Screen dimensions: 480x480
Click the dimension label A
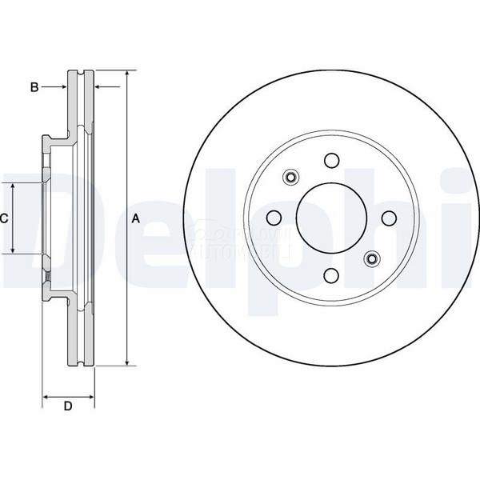pos(135,218)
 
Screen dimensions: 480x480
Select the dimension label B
pos(34,86)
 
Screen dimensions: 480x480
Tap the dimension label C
pos(4,218)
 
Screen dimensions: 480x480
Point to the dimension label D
pos(68,406)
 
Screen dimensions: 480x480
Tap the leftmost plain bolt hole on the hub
pos(274,218)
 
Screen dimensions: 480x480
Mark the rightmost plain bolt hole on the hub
pos(388,218)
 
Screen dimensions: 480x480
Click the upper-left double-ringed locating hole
pos(290,178)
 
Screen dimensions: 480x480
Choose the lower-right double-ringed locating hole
pos(371,258)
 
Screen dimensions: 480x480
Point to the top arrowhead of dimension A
pos(126,74)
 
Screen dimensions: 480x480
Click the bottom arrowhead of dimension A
pos(126,362)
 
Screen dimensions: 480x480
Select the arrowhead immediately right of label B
pos(62,86)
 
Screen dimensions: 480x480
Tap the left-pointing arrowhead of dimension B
pos(98,86)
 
